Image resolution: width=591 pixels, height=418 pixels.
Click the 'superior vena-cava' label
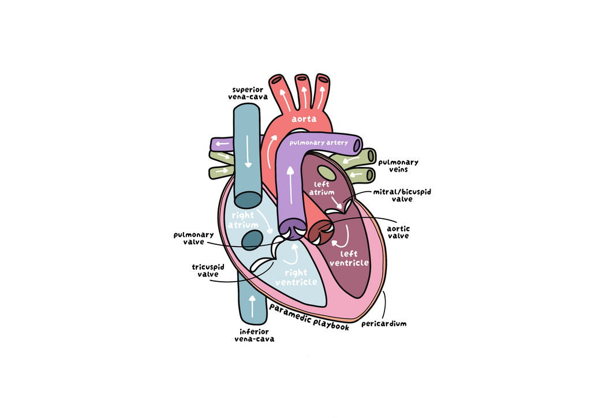248,93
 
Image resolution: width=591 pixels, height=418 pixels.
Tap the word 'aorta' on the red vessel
304,119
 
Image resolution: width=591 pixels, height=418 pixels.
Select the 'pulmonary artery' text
319,143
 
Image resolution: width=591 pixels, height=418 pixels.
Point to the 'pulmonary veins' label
398,166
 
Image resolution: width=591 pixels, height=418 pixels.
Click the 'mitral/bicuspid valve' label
402,195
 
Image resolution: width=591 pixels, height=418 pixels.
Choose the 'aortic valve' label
398,232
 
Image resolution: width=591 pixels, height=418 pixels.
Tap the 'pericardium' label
384,323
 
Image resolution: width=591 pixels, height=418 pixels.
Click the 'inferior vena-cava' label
255,335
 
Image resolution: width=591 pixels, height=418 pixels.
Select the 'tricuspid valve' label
208,271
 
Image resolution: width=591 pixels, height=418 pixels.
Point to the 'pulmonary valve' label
194,238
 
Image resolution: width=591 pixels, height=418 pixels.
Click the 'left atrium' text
322,188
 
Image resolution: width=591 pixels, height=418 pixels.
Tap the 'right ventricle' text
296,277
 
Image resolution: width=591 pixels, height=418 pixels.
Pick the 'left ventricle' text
349,259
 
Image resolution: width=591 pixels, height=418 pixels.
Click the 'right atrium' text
243,220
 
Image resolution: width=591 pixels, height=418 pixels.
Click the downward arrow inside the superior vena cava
248,151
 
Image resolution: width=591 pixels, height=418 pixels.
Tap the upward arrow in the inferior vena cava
253,306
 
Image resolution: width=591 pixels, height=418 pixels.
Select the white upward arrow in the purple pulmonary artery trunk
290,185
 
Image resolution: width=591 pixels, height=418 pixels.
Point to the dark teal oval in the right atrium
252,241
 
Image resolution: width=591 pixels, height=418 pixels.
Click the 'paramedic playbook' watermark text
309,318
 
